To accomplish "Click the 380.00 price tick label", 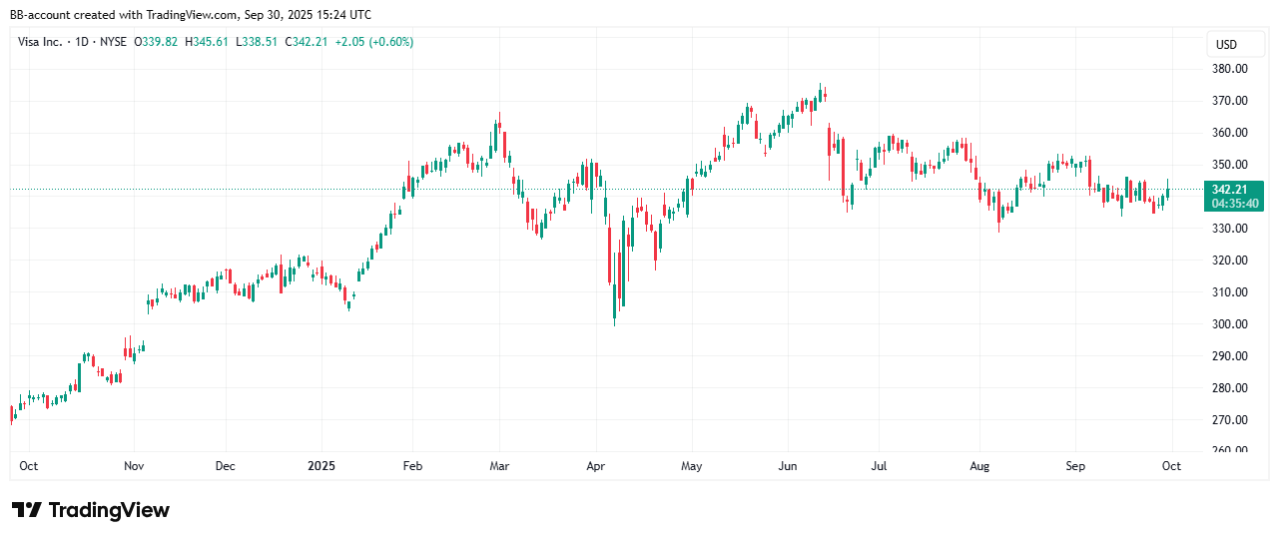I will tap(1229, 69).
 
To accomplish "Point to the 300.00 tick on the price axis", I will tap(1229, 324).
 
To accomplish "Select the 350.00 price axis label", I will tap(1229, 165).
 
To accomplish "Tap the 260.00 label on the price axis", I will tap(1229, 450).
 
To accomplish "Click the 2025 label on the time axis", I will tap(321, 466).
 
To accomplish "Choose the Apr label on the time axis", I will tap(596, 466).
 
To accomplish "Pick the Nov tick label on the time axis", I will tap(134, 466).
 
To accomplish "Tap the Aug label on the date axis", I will tap(979, 466).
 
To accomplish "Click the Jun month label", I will tap(787, 466).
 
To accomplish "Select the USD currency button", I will tap(1226, 45).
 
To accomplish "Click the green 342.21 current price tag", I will tap(1235, 190).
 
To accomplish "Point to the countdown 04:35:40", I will tap(1235, 204).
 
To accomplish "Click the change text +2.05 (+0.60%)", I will tap(377, 42).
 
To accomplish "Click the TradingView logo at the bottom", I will tap(91, 510).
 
